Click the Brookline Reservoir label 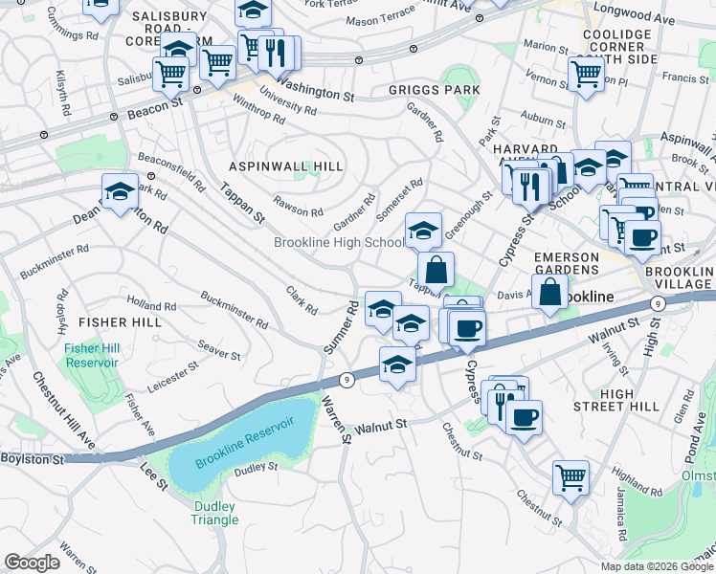[244, 443]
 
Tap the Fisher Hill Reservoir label [92, 355]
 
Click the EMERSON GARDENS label [566, 264]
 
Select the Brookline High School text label [339, 242]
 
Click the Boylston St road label [32, 459]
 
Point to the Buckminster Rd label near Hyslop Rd [54, 259]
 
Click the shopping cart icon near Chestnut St [571, 476]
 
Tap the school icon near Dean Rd [121, 191]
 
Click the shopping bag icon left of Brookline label [551, 292]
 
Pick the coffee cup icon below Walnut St [525, 417]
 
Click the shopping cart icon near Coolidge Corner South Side [587, 74]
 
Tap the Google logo [33, 563]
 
